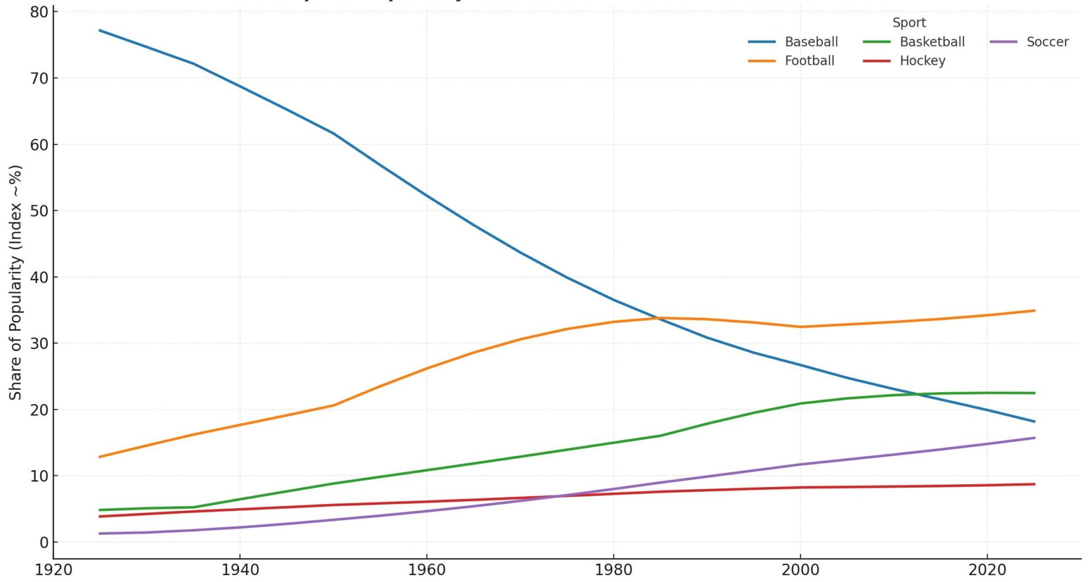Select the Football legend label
coord(809,61)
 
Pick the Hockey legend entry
coord(922,61)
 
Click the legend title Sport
coord(909,23)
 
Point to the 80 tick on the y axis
coord(39,12)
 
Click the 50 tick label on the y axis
coord(39,211)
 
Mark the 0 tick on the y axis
coord(44,542)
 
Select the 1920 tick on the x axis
coord(53,569)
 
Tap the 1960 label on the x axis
coord(426,569)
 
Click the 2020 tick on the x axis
coord(987,569)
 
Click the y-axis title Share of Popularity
coord(15,282)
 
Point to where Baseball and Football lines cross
coord(659,318)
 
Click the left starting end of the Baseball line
coord(100,30)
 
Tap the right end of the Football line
coord(1034,311)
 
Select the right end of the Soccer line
coord(1034,438)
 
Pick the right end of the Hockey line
coord(1034,484)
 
